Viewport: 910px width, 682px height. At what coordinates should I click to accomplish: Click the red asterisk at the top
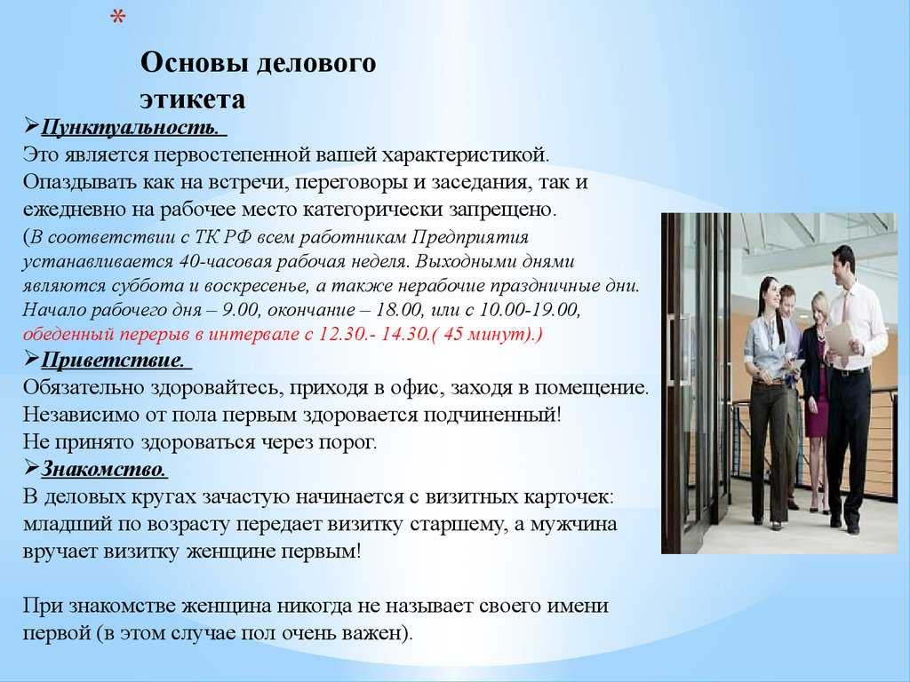118,17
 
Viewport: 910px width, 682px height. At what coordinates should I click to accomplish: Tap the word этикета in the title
192,99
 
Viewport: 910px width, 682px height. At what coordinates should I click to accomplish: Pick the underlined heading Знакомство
103,469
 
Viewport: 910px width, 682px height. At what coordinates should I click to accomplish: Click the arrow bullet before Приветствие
31,359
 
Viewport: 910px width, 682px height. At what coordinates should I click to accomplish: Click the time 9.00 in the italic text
240,310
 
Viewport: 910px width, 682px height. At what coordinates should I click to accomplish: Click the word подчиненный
489,416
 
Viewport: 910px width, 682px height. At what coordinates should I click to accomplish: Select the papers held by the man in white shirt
837,340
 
